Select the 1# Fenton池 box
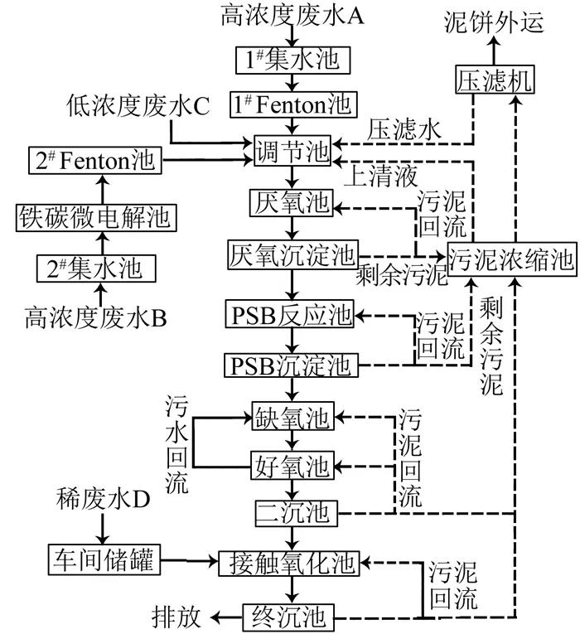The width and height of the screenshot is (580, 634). pyautogui.click(x=294, y=106)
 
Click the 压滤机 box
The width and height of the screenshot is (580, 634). pyautogui.click(x=494, y=81)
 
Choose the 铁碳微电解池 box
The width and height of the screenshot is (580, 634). pyautogui.click(x=94, y=218)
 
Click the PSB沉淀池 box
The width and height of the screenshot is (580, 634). pyautogui.click(x=290, y=364)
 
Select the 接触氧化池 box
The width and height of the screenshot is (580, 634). pyautogui.click(x=288, y=565)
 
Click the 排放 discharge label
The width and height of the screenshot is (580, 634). pyautogui.click(x=177, y=617)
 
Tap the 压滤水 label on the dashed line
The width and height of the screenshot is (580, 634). pyautogui.click(x=397, y=130)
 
